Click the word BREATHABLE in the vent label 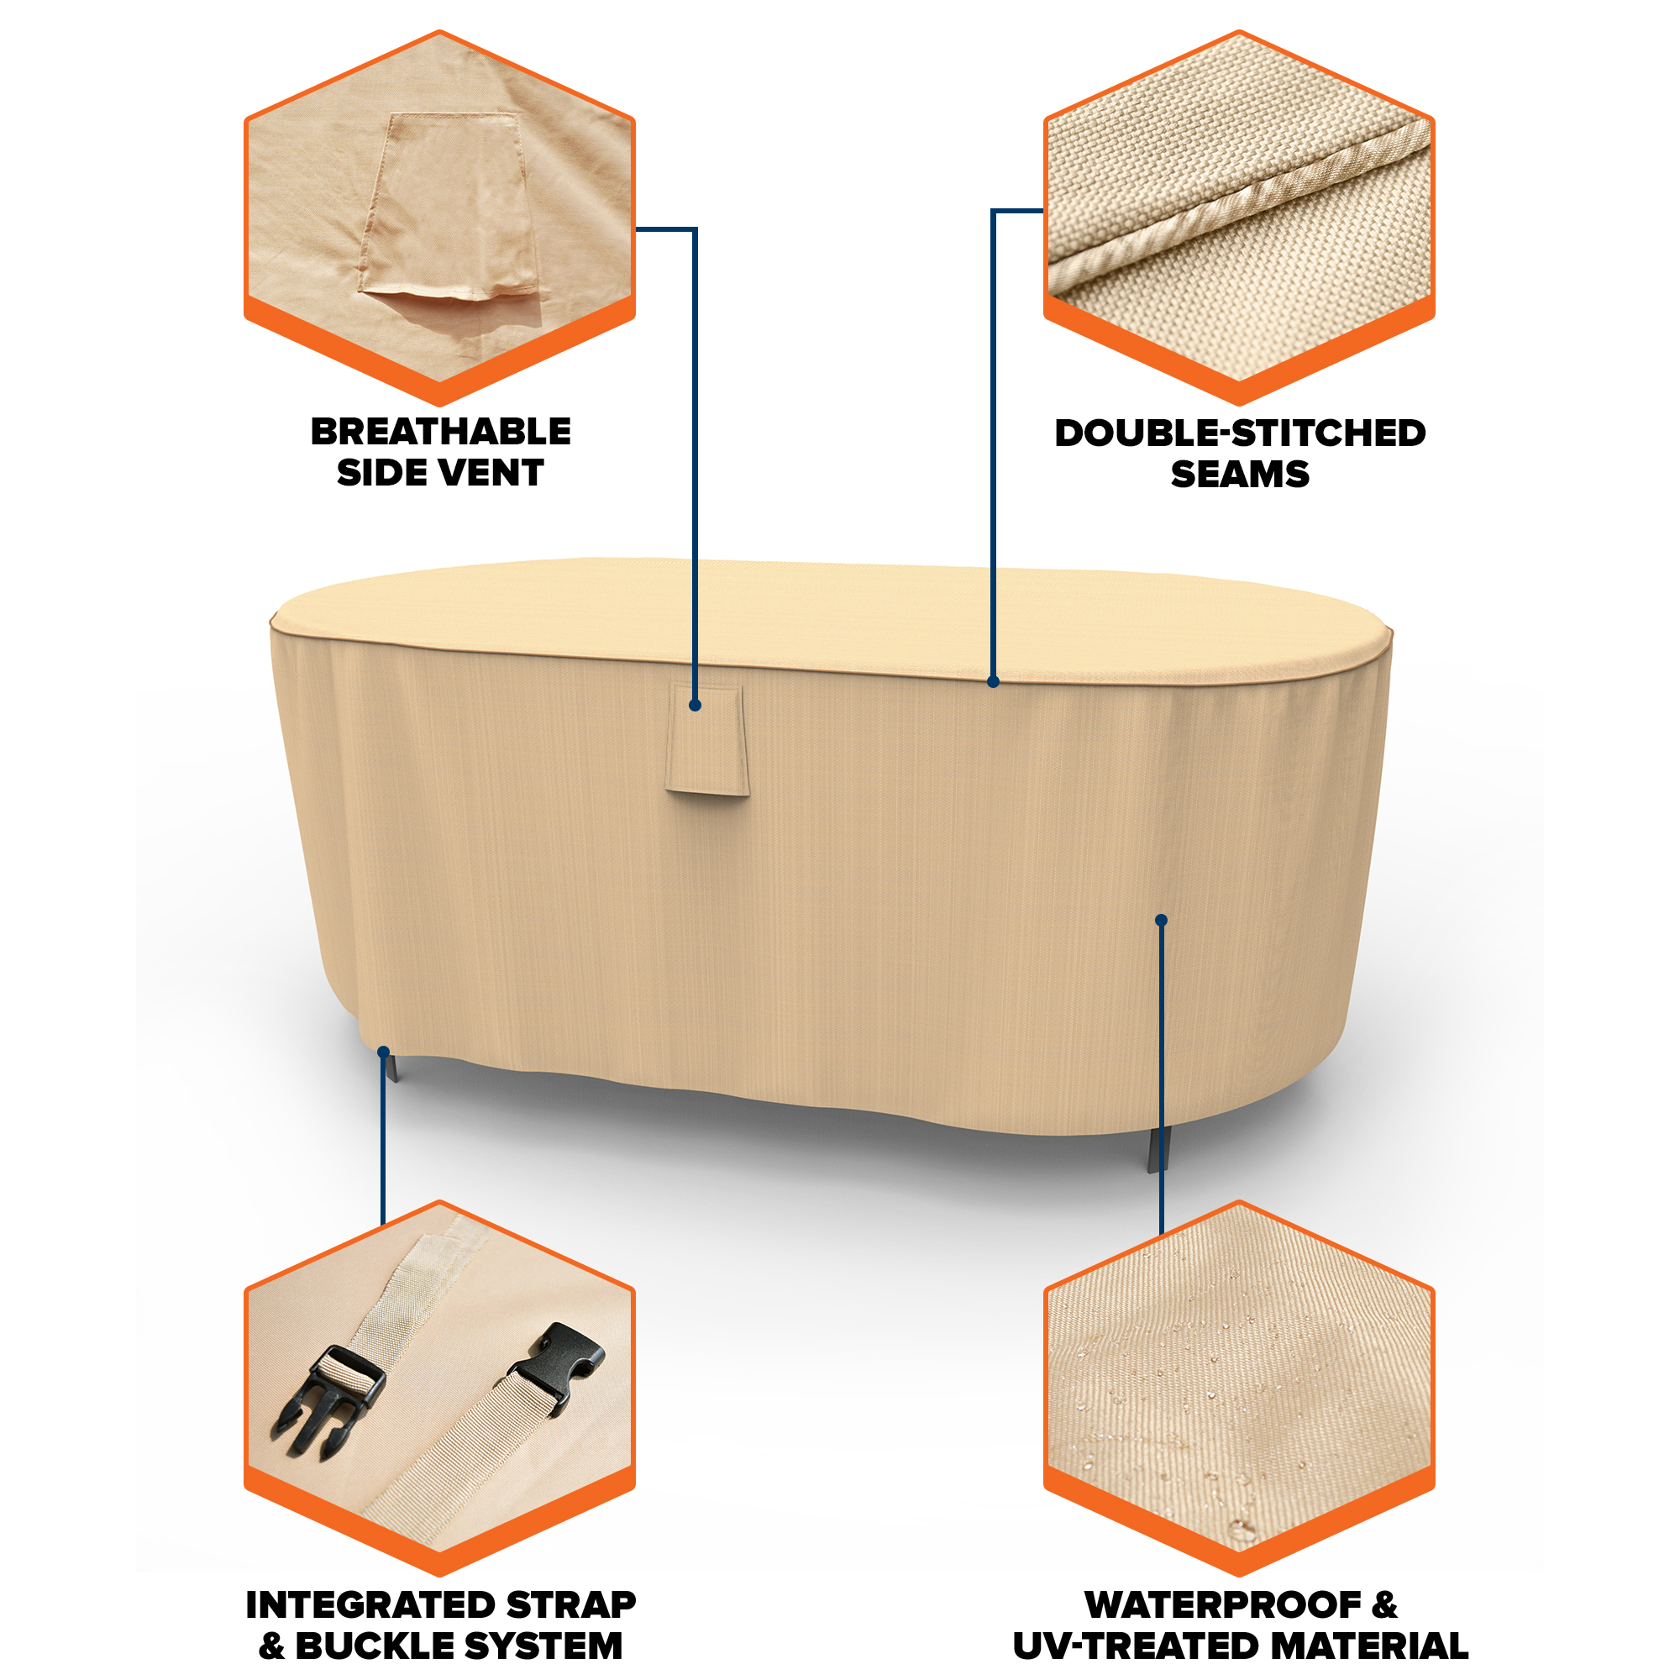[x=441, y=431]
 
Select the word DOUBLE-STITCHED [x=1240, y=433]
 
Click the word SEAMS [x=1240, y=475]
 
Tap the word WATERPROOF [x=1224, y=1605]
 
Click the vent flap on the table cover [x=707, y=740]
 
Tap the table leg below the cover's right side [x=1159, y=1150]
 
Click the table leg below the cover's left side [x=391, y=1066]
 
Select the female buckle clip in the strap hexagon [x=558, y=1365]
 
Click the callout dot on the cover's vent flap [x=695, y=706]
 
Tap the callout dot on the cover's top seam [x=993, y=683]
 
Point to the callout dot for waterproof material [x=1161, y=920]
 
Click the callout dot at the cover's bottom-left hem [x=384, y=1053]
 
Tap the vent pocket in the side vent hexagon [x=448, y=207]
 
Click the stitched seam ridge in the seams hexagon [x=1239, y=202]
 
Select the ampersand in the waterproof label [x=1384, y=1605]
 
